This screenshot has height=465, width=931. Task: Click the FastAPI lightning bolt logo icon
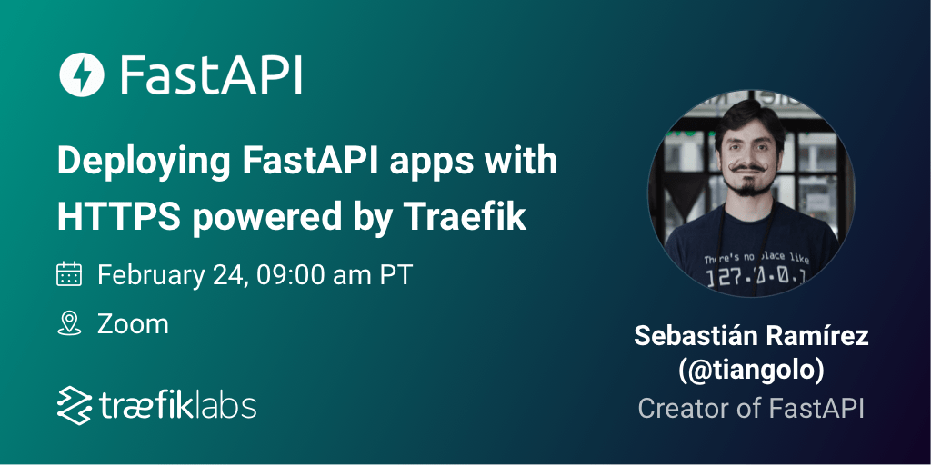click(x=82, y=75)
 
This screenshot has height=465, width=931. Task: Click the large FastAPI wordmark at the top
click(x=211, y=75)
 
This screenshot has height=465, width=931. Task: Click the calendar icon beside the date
click(x=70, y=273)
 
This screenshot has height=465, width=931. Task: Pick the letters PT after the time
click(x=395, y=273)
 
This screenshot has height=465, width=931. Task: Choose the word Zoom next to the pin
click(x=133, y=323)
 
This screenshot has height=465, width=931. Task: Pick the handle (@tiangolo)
click(x=751, y=371)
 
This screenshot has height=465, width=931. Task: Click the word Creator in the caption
click(x=684, y=408)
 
